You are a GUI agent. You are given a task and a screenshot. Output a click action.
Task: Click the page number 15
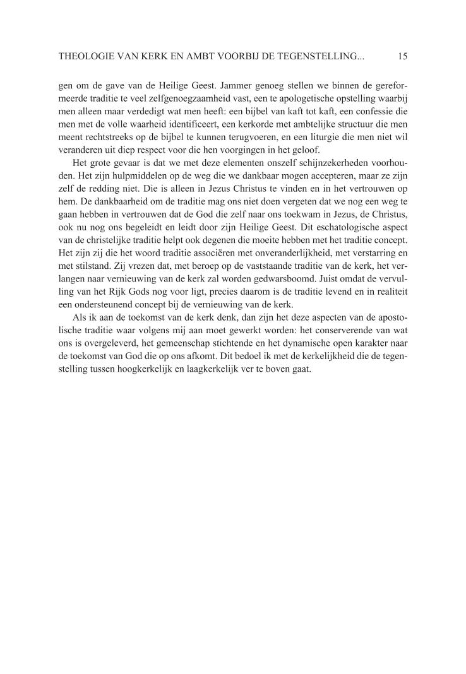[x=403, y=56]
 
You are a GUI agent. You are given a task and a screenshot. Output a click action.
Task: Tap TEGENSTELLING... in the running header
[x=320, y=56]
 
